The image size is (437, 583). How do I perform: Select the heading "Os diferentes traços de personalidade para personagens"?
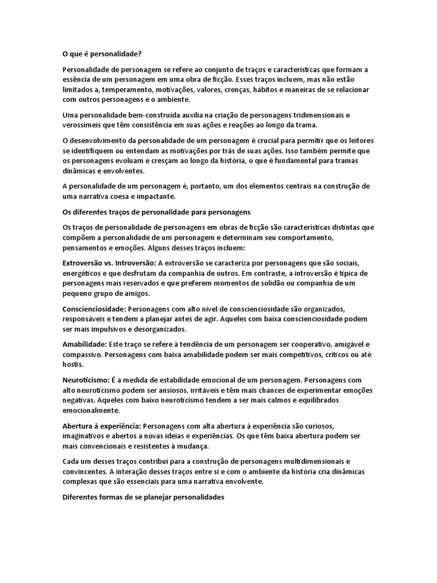pos(156,212)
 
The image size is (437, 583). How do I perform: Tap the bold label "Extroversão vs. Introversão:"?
pos(109,263)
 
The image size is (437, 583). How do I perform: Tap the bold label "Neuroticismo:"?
pos(86,379)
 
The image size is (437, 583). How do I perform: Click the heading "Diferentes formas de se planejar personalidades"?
pos(143,496)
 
